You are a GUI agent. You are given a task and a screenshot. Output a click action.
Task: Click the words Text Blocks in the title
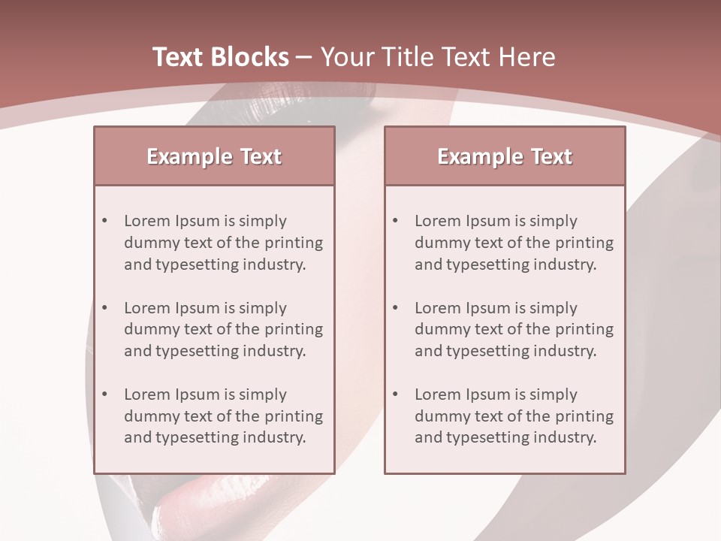[220, 57]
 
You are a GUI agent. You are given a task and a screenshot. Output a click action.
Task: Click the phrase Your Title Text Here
[438, 57]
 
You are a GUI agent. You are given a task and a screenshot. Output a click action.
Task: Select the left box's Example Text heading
[214, 156]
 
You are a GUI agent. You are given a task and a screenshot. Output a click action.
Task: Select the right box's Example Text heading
[505, 156]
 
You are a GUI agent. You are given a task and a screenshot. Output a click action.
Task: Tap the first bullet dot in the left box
[104, 221]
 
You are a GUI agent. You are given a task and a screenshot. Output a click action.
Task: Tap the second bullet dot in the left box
[104, 308]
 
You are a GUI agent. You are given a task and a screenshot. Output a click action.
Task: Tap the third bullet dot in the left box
[104, 394]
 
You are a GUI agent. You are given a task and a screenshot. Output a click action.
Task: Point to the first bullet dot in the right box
[395, 221]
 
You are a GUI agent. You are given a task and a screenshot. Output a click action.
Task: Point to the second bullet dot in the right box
[395, 308]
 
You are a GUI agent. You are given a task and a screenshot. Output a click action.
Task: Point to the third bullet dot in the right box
[395, 394]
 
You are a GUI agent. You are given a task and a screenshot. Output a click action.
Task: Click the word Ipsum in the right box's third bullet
[488, 394]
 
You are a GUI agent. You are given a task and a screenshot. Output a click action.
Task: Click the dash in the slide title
[304, 58]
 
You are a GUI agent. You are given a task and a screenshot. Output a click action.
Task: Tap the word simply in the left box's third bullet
[263, 395]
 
